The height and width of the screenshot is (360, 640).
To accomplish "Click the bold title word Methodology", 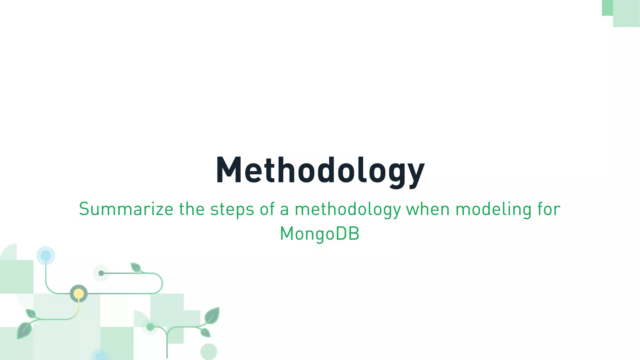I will (320, 170).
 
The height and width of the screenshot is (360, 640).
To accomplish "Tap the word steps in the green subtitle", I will (232, 209).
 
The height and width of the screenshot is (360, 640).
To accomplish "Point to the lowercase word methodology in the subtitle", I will (347, 209).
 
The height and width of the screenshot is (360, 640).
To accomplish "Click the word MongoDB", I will (320, 234).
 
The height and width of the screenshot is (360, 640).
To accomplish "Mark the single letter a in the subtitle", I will (284, 210).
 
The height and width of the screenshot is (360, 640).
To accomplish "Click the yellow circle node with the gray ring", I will (79, 294).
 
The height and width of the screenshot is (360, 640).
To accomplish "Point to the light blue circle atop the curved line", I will (46, 255).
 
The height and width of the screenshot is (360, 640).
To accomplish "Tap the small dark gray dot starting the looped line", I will (101, 273).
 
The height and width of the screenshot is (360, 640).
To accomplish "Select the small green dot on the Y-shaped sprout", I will (150, 327).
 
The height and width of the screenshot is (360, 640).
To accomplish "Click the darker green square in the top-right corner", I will (607, 7).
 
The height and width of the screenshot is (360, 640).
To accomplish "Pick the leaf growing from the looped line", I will (136, 267).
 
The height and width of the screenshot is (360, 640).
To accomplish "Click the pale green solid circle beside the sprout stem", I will (208, 352).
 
